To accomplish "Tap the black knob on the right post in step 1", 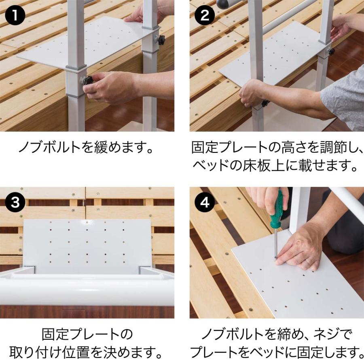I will coord(161,40).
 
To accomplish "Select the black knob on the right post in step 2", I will coord(331,51).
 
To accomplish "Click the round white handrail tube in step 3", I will coord(81,289).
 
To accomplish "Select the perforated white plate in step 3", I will coord(87,245).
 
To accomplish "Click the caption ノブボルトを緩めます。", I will coord(87,147).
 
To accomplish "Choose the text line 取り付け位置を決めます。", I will coord(87,352).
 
